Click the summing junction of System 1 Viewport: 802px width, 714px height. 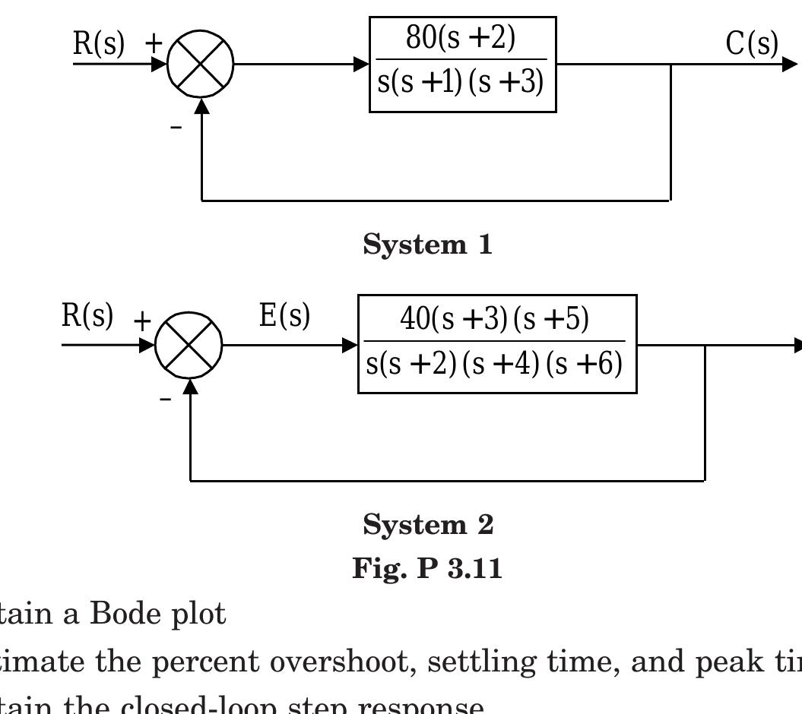[200, 64]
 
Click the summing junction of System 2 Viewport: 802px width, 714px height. [189, 345]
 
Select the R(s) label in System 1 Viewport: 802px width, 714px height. [99, 44]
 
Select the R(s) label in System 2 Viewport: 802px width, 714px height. [87, 316]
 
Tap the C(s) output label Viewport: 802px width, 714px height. [752, 44]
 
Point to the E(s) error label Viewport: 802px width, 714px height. [284, 315]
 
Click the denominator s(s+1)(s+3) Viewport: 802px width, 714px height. [461, 82]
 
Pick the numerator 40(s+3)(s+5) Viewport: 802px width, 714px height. [495, 320]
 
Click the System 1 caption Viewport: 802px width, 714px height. [428, 245]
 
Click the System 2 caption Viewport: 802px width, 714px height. [428, 525]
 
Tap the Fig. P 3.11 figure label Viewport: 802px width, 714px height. [427, 568]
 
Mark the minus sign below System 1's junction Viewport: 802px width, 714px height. [176, 128]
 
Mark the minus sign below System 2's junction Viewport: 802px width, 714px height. [165, 398]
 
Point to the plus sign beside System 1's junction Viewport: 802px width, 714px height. [154, 43]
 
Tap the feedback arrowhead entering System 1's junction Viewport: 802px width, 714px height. [201, 106]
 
